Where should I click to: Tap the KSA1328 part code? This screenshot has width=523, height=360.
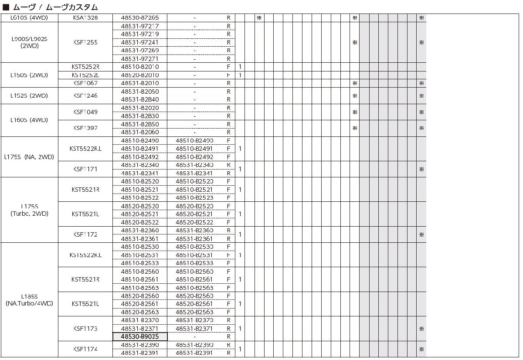pos(85,18)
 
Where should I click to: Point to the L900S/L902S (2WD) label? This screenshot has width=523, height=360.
pos(29,42)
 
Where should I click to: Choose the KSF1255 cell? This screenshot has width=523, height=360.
pos(85,42)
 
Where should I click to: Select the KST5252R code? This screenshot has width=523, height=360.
pos(85,67)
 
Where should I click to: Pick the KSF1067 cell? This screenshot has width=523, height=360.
pos(85,83)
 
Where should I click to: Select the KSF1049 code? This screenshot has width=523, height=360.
pos(85,112)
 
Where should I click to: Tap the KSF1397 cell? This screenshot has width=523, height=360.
pos(85,128)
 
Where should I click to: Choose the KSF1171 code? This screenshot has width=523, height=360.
pos(85,169)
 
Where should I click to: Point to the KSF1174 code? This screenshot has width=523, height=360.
pos(85,349)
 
